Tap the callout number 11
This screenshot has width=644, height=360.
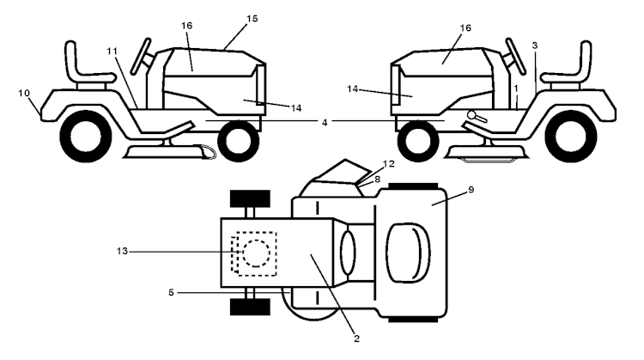(112, 52)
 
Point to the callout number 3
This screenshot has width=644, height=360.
(535, 44)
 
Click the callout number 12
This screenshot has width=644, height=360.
(389, 163)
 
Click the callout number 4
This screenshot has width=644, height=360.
(324, 123)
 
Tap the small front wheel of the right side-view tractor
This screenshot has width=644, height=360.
(416, 137)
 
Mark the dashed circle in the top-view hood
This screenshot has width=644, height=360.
(255, 253)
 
